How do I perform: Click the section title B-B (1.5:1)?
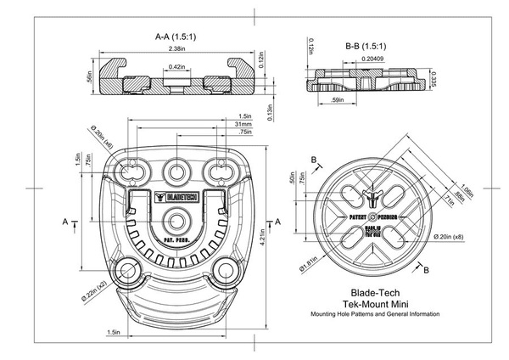(x=366, y=45)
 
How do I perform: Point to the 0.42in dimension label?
(x=177, y=65)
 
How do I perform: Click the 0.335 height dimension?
(x=433, y=79)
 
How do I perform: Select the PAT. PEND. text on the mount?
(x=176, y=240)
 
